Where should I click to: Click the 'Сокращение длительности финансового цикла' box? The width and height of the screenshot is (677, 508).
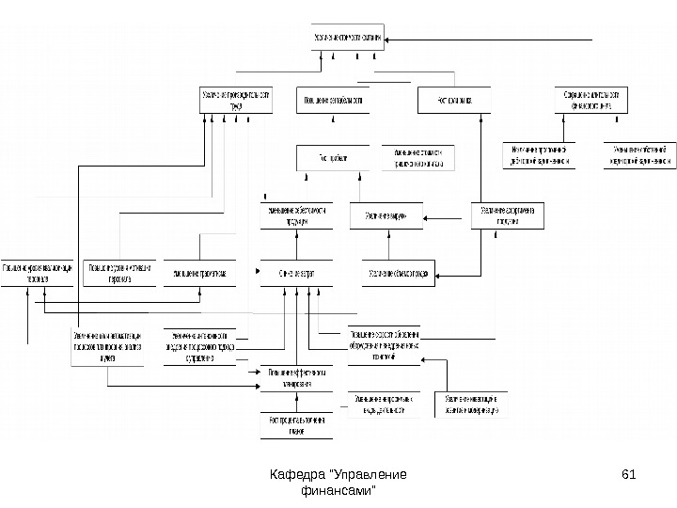(590, 100)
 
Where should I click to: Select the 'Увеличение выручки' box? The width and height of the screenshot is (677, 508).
(386, 216)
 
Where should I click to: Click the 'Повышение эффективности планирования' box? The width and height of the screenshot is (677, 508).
(296, 377)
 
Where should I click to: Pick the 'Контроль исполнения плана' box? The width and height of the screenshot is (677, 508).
(296, 425)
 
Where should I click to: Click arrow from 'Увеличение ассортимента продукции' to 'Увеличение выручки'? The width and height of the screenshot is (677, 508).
(446, 217)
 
